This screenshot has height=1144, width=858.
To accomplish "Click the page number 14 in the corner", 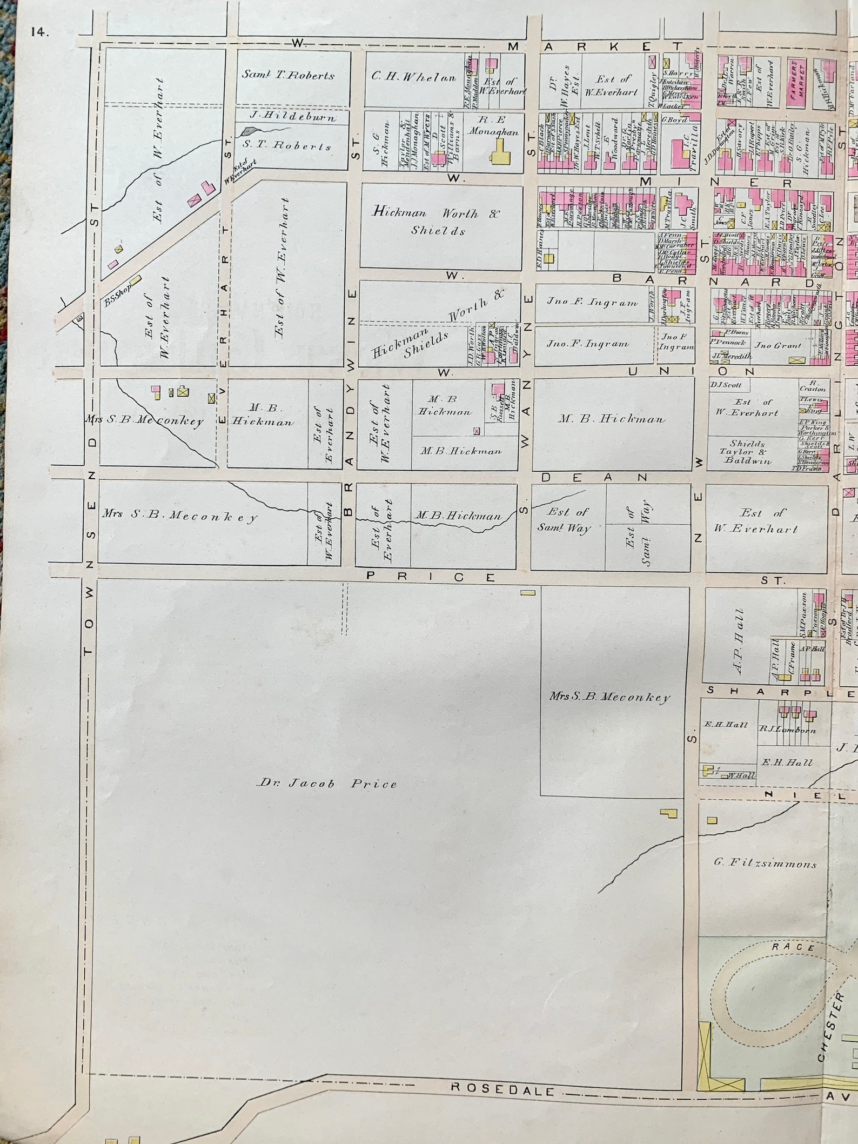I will click(39, 32).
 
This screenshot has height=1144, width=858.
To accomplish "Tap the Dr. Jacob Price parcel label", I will click(327, 784).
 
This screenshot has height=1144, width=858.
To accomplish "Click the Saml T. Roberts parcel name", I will click(288, 75).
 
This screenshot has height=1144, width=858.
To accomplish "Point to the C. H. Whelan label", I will click(413, 77).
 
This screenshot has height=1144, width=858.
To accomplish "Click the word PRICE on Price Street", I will click(431, 577).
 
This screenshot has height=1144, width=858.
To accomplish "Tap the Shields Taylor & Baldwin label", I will click(748, 452).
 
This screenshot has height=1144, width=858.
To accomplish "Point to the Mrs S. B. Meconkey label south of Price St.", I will click(610, 697).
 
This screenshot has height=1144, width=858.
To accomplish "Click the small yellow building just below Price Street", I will click(527, 593).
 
